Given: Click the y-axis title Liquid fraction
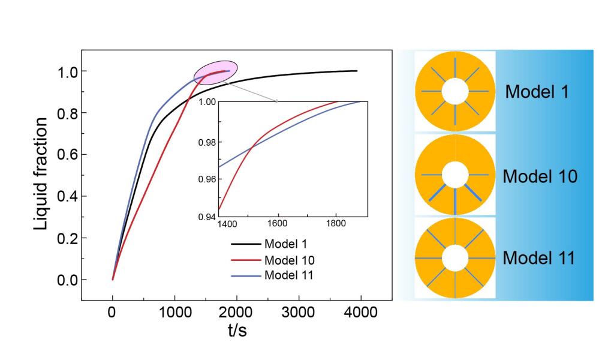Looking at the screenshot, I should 41,174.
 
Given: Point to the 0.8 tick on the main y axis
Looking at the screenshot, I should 64,113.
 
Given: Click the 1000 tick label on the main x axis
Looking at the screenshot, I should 174,313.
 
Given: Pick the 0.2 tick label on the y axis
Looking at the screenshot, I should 64,238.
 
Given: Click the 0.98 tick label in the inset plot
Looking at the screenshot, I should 207,142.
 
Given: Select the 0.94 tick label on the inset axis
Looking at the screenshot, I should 207,216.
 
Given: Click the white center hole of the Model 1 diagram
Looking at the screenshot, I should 455,91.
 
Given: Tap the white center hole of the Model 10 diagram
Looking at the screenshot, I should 455,175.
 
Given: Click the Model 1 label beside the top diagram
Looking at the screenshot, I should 537,92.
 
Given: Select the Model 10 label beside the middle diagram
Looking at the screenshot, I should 540,177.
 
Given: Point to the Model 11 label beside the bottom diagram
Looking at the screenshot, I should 539,259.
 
